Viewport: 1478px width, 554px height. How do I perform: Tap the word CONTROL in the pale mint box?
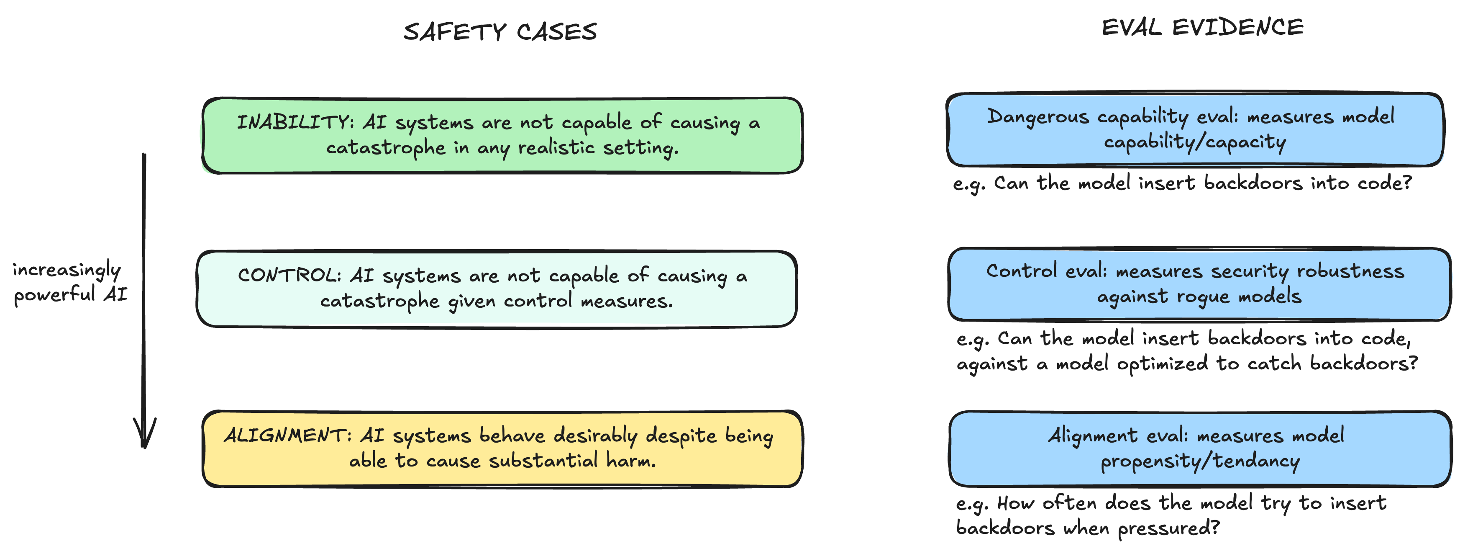[x=289, y=275]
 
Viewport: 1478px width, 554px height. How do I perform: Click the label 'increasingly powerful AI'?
[x=69, y=282]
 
